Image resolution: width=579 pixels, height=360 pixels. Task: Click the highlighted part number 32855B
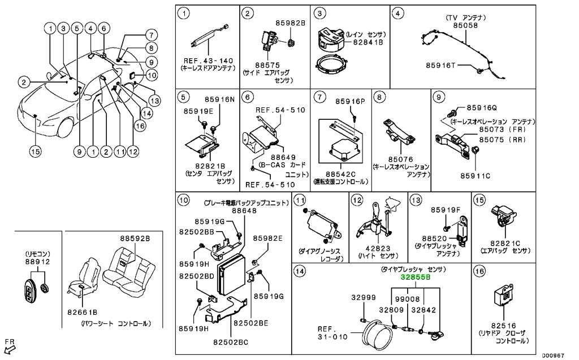(x=416, y=277)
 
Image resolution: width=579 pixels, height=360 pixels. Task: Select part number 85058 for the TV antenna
(x=465, y=25)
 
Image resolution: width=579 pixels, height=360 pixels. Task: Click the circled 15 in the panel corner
(x=479, y=200)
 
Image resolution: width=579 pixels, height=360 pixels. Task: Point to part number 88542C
(x=340, y=174)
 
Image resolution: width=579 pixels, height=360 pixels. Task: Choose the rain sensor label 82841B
(x=368, y=42)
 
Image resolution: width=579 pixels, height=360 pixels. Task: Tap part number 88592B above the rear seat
(x=135, y=238)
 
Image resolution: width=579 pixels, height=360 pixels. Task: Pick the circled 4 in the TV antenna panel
(x=397, y=14)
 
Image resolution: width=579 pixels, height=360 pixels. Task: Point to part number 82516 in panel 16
(x=503, y=326)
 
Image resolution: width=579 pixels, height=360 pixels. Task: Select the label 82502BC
(x=231, y=342)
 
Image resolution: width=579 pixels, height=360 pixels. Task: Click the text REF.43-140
(x=208, y=61)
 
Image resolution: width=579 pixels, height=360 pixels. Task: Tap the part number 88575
(x=267, y=66)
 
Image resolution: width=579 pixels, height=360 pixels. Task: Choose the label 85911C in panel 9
(x=475, y=176)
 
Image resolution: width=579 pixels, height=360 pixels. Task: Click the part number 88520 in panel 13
(x=434, y=239)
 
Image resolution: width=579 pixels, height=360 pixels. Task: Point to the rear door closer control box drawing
(x=504, y=297)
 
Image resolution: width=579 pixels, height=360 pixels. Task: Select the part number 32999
(x=364, y=298)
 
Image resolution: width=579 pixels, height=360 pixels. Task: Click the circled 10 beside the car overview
(x=152, y=76)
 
